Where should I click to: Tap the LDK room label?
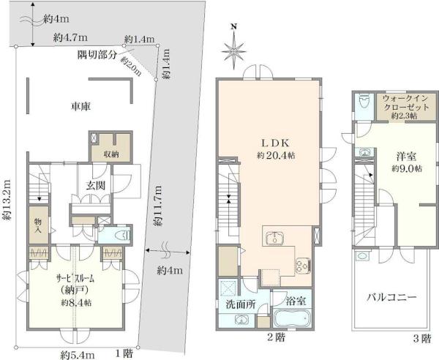click(x=276, y=143)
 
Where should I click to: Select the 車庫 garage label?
click(x=81, y=106)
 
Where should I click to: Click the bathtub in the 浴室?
click(x=292, y=318)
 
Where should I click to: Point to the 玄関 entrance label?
click(x=95, y=186)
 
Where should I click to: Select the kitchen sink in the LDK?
click(x=275, y=239)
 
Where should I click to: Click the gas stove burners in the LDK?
click(x=303, y=266)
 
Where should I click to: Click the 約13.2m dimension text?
click(x=7, y=200)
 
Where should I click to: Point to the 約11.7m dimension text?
click(x=158, y=206)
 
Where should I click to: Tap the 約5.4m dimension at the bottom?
click(x=78, y=355)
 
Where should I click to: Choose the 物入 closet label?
click(x=38, y=226)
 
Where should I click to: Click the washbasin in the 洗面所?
click(x=241, y=320)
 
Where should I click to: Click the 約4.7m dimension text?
click(x=70, y=38)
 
